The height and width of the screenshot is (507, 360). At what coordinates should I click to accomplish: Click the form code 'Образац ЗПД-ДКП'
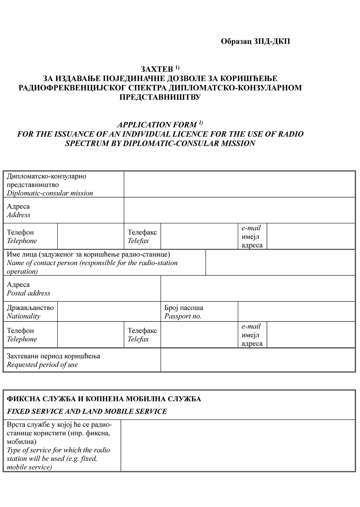point(255,41)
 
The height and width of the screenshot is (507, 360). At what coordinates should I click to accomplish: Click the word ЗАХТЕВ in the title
point(157,69)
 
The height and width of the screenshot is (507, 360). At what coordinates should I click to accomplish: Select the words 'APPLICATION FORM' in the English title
point(157,125)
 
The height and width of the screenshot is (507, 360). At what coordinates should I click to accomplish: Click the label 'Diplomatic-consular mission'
point(50,193)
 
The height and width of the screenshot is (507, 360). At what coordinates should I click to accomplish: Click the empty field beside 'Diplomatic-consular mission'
point(239,184)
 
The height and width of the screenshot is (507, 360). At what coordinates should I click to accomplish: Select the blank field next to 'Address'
point(239,210)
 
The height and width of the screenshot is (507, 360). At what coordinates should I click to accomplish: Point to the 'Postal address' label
point(28,293)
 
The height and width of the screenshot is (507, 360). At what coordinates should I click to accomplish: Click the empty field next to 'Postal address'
point(258,289)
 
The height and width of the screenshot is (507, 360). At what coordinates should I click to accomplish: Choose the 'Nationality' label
point(24,316)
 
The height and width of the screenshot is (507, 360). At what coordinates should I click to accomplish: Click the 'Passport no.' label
point(183,316)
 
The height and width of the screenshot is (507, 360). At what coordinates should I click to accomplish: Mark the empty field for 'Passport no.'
point(296,312)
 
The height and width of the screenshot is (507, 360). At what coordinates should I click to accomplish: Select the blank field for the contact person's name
point(281,263)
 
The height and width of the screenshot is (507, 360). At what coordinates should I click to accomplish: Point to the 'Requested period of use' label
point(42,365)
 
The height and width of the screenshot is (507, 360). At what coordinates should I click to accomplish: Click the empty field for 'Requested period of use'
point(258,360)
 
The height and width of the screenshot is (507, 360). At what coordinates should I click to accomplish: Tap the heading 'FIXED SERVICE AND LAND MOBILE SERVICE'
point(87,412)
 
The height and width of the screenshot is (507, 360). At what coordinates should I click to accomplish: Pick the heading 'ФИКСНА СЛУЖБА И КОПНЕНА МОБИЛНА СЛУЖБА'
point(104,399)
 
